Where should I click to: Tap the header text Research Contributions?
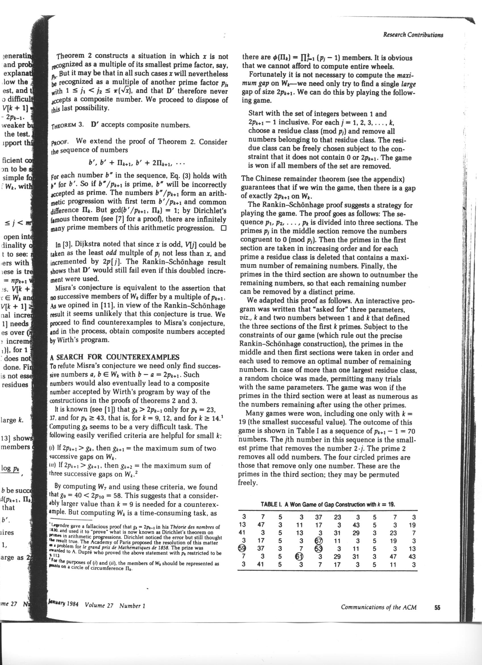(413, 35)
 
